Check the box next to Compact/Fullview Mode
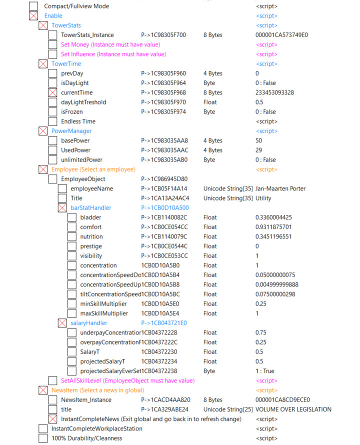33,6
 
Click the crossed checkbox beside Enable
33,16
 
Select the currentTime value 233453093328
274,92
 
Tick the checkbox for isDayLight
52,83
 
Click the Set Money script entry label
113,44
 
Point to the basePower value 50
258,140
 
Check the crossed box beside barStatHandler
62,208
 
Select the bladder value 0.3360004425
277,217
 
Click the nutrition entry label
91,236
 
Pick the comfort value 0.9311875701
277,227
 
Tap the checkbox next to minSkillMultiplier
72,303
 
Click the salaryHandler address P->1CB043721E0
164,323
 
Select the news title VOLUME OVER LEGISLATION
293,409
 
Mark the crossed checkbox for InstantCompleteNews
52,419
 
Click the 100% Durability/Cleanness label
86,438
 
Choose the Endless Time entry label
78,121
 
